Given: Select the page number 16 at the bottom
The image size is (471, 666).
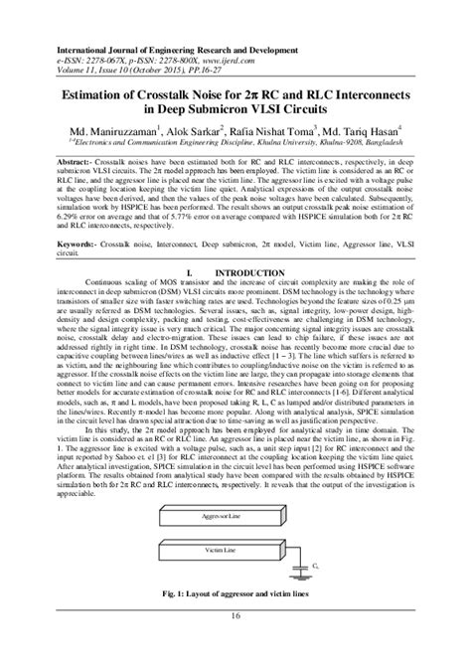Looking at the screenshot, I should tap(235, 646).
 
